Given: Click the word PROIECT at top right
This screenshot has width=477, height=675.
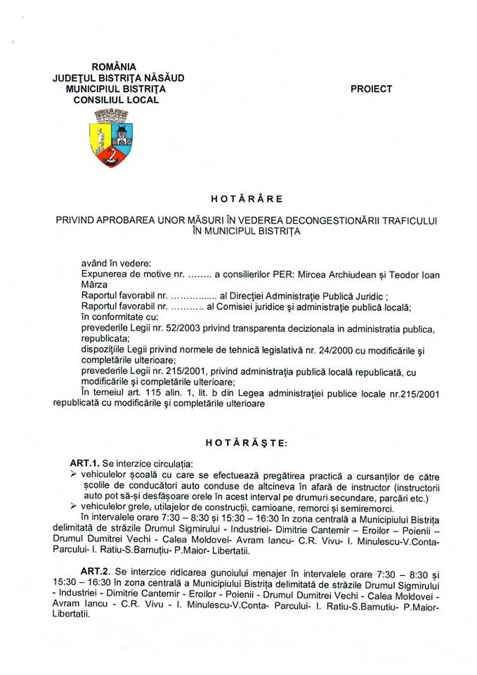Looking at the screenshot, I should (x=371, y=89).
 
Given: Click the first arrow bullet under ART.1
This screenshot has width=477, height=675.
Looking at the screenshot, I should (x=74, y=476).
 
